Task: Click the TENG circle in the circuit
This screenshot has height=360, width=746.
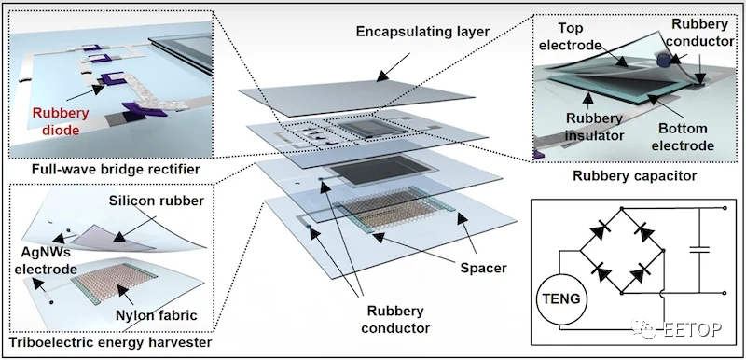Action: (x=561, y=299)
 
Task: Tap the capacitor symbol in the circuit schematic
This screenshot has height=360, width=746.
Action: (x=698, y=250)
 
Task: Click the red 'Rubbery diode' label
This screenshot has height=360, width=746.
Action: (x=60, y=121)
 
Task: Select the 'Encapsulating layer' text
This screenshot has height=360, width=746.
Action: (x=422, y=32)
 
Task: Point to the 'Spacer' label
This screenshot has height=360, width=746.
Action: (x=483, y=269)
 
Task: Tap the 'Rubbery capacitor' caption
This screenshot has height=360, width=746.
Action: (x=635, y=176)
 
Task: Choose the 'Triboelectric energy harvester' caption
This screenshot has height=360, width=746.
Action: (x=110, y=342)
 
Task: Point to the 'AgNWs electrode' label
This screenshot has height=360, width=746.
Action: (x=45, y=260)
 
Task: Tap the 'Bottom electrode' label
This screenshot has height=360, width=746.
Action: (x=684, y=136)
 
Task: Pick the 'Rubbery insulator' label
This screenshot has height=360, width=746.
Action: (x=594, y=128)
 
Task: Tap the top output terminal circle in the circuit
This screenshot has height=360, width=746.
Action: (x=725, y=208)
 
